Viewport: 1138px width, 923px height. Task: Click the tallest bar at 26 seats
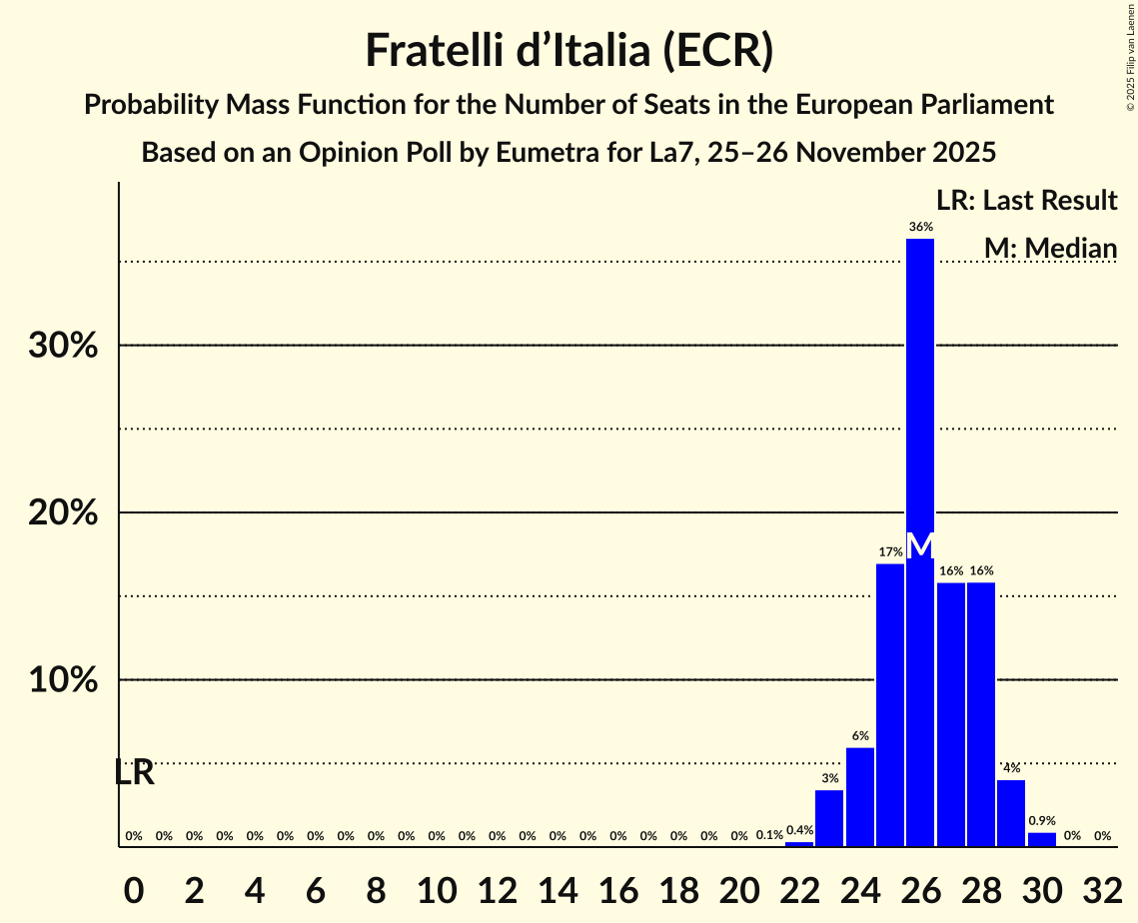tap(920, 400)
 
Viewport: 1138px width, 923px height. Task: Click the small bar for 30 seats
tap(1042, 839)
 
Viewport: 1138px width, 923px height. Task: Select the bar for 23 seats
tap(829, 818)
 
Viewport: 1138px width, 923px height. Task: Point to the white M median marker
tap(920, 545)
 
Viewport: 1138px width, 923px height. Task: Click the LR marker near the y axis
tap(134, 772)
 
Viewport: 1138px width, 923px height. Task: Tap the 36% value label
tap(920, 227)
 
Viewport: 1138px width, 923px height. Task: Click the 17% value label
tap(890, 552)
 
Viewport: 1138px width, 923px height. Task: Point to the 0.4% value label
tap(799, 830)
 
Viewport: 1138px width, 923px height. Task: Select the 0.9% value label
tap(1042, 820)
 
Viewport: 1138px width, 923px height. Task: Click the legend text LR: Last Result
tap(1026, 201)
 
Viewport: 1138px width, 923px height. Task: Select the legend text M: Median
tap(1049, 248)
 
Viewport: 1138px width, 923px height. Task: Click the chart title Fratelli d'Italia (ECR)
tap(569, 51)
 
